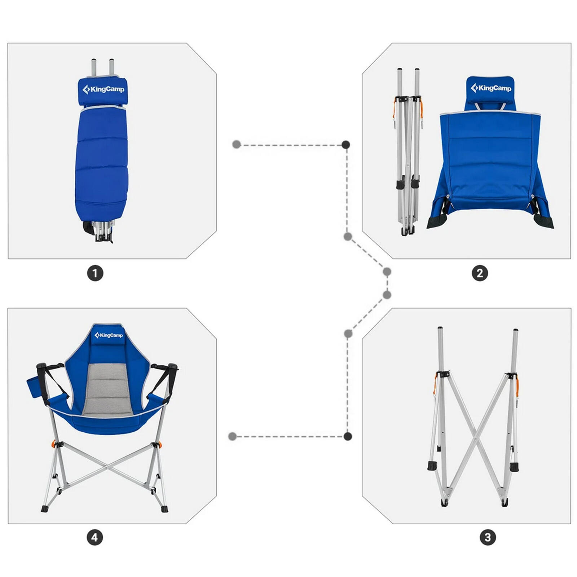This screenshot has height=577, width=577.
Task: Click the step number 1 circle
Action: pyautogui.click(x=95, y=273)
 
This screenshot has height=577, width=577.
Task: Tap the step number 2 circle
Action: pyautogui.click(x=480, y=273)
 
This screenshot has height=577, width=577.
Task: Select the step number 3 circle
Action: pyautogui.click(x=488, y=537)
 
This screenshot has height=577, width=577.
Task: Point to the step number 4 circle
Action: pyautogui.click(x=94, y=537)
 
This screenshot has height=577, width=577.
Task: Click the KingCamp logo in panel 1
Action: pyautogui.click(x=103, y=89)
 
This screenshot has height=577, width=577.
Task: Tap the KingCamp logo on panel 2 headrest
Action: pyautogui.click(x=491, y=88)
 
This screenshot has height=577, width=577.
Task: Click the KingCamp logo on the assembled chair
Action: pyautogui.click(x=109, y=335)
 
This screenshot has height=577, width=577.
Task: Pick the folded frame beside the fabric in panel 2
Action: pyautogui.click(x=408, y=151)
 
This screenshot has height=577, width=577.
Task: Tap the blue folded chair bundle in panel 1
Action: pyautogui.click(x=102, y=162)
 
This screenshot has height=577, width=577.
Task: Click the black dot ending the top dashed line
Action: pyautogui.click(x=345, y=145)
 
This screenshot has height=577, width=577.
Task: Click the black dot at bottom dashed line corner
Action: pyautogui.click(x=348, y=436)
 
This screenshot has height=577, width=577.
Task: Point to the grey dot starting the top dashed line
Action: pyautogui.click(x=237, y=145)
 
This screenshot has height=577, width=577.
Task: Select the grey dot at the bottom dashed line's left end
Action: pyautogui.click(x=233, y=437)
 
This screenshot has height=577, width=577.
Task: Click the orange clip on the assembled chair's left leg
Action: pyautogui.click(x=53, y=443)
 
